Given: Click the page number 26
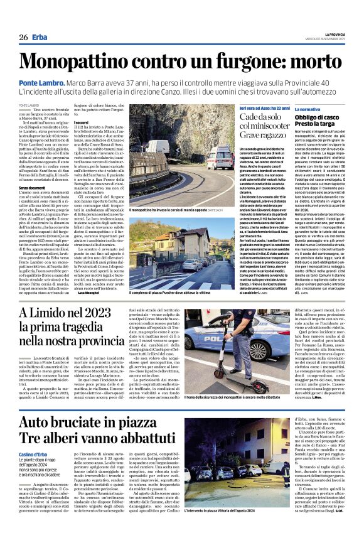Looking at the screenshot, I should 23,38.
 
